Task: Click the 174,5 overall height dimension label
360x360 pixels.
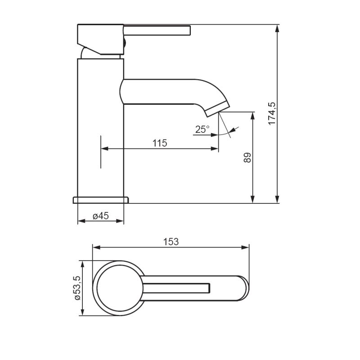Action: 272,114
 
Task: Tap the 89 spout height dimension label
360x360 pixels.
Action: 247,157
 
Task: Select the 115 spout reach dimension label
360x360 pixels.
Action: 160,143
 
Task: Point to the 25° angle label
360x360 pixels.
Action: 202,129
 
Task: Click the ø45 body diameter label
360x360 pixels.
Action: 100,216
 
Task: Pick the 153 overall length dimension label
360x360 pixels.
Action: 171,242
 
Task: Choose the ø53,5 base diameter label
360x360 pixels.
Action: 77,288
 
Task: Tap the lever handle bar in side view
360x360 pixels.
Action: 157,31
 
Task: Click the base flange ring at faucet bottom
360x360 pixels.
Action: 101,200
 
